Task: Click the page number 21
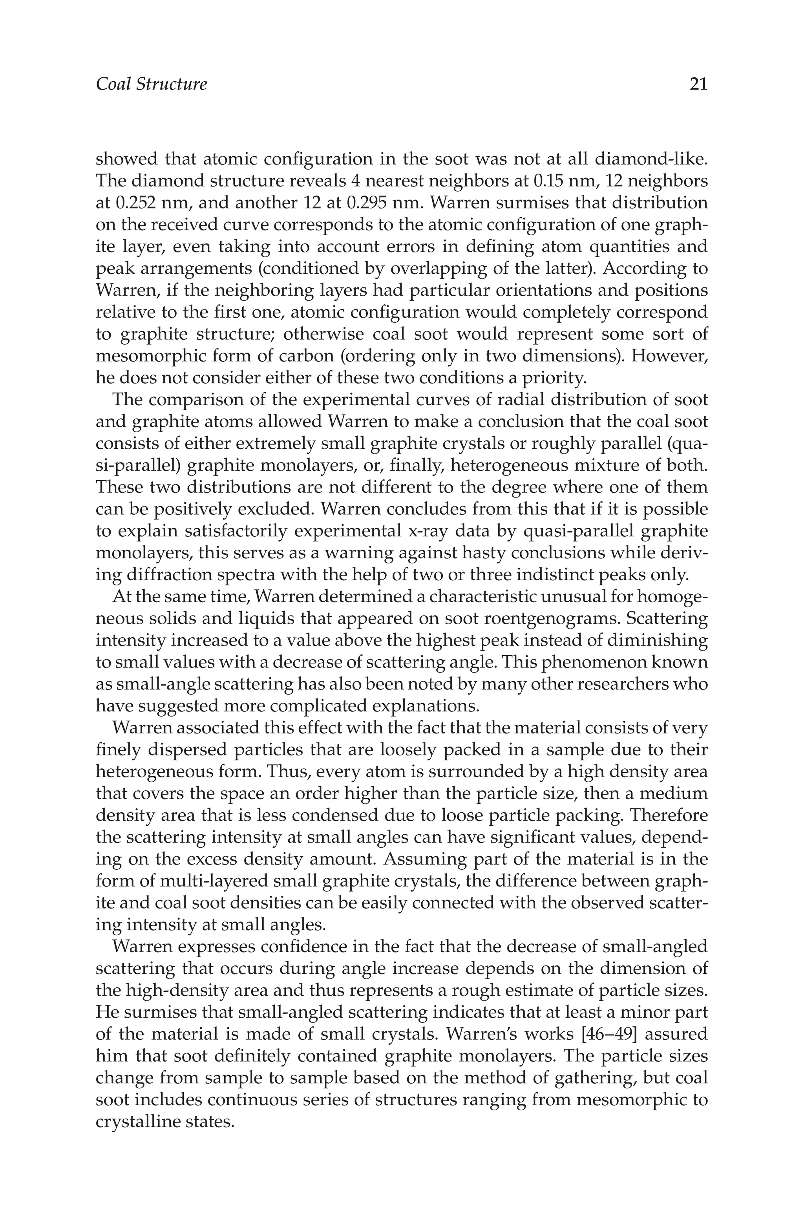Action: coord(698,84)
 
